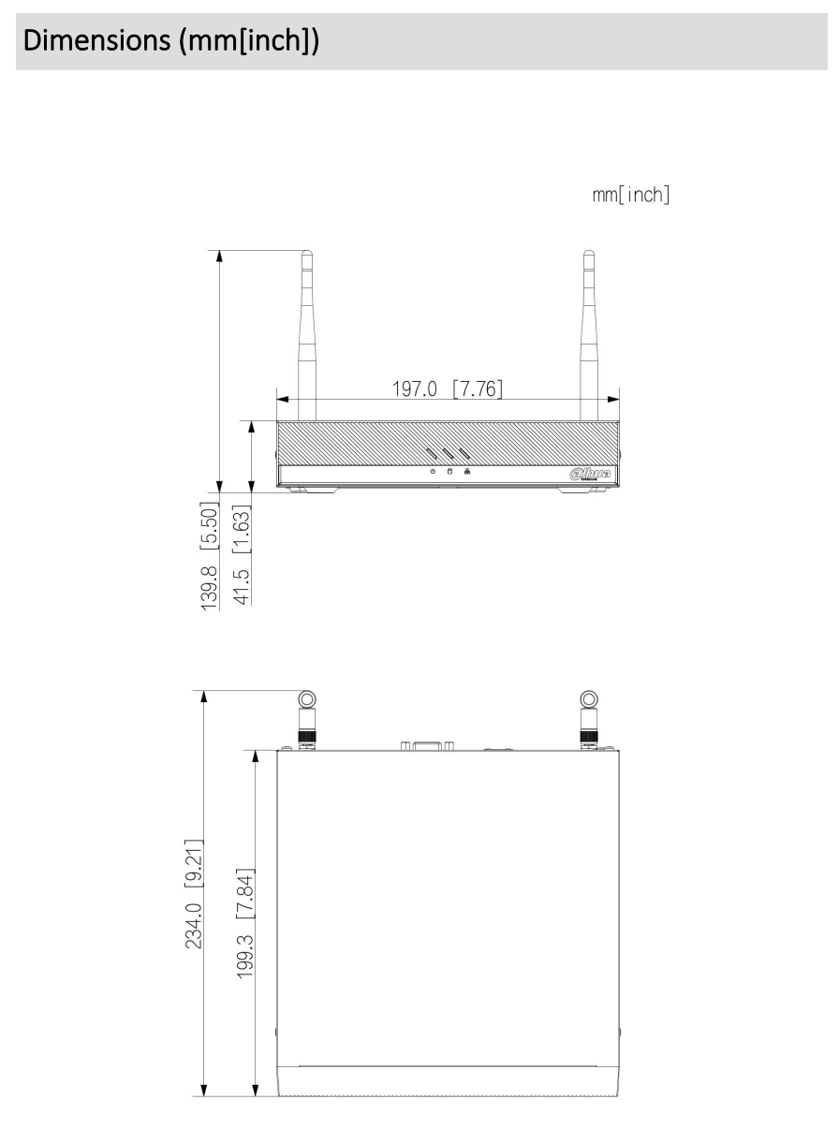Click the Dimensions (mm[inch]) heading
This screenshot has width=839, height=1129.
tap(169, 42)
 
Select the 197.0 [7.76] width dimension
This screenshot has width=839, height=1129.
tap(448, 388)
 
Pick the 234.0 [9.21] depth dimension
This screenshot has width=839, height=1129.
tap(196, 891)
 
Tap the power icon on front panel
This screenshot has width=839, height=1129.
tap(432, 472)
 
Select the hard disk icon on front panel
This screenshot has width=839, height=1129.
tap(449, 472)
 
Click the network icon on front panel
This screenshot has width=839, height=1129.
tap(466, 472)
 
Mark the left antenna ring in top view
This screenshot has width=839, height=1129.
tap(307, 699)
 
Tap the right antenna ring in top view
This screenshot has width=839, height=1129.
tap(588, 699)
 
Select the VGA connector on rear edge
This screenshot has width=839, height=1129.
tap(426, 745)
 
